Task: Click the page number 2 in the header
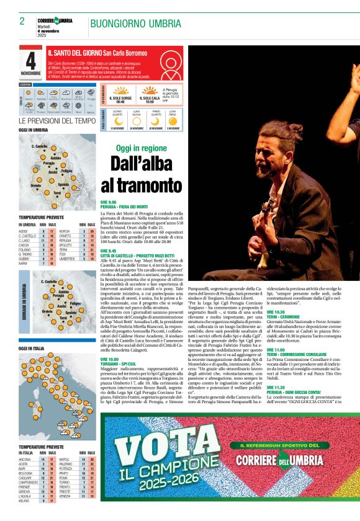tap(22, 21)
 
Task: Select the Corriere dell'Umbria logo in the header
tap(55, 21)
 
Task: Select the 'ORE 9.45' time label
tap(108, 251)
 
